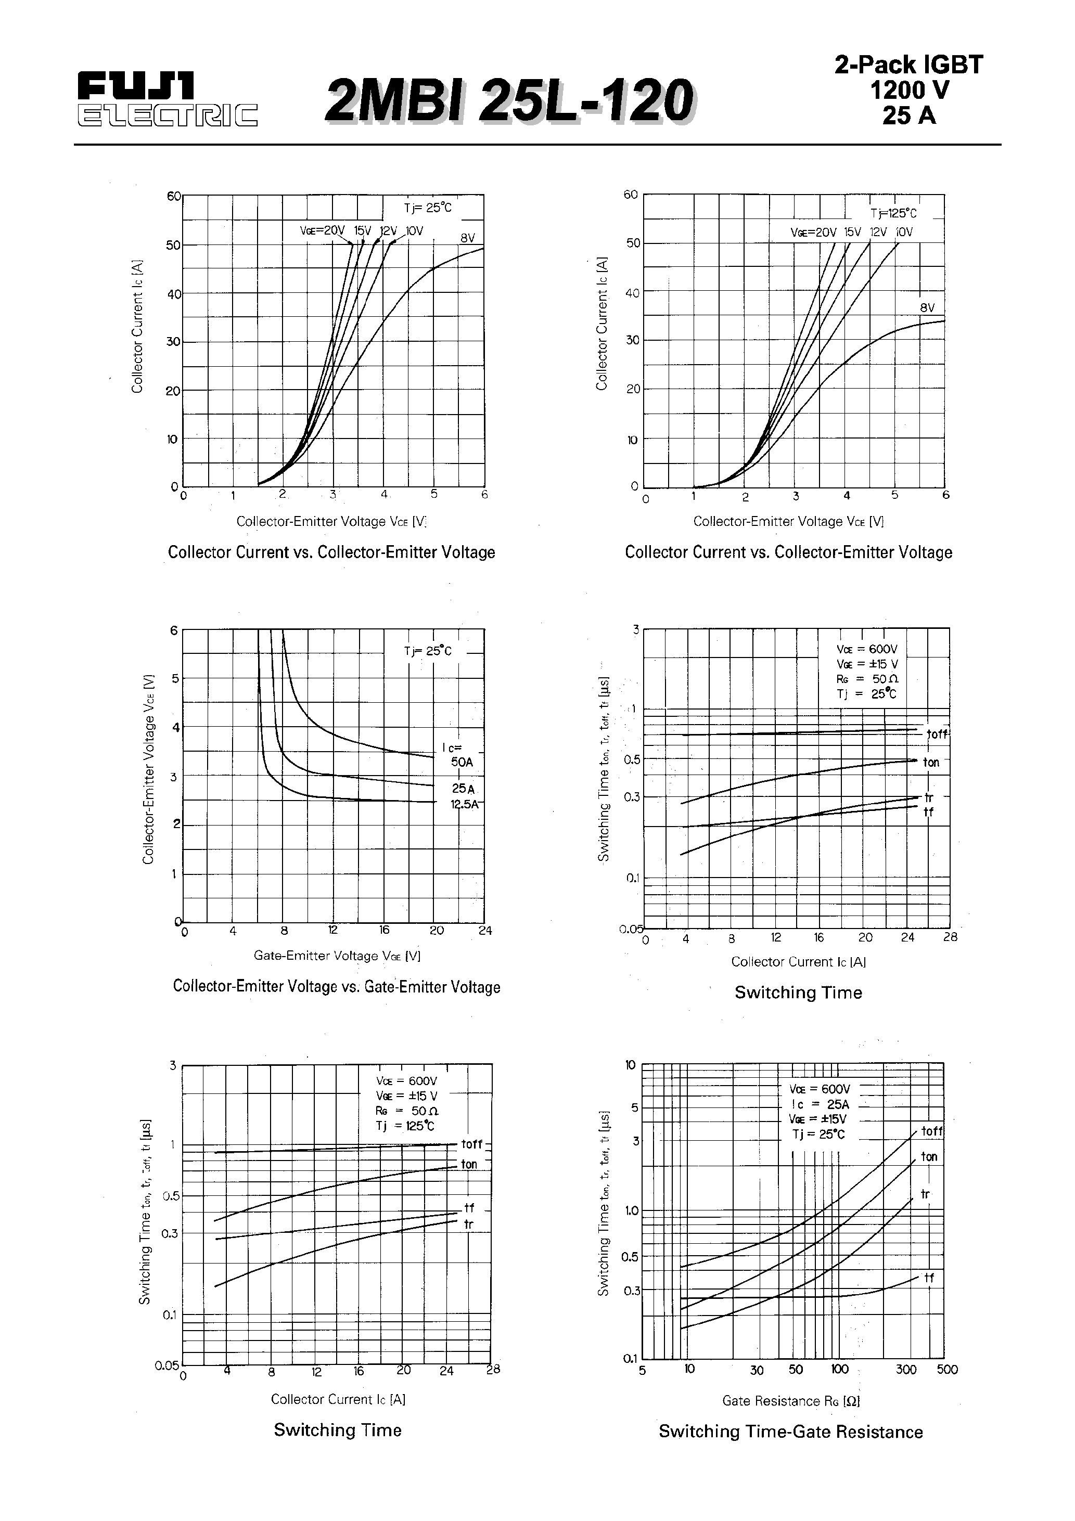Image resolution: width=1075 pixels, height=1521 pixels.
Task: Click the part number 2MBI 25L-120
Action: tap(508, 101)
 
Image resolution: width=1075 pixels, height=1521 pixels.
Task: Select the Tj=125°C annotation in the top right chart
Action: tap(893, 213)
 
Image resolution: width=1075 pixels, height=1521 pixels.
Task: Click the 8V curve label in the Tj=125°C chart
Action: tap(927, 308)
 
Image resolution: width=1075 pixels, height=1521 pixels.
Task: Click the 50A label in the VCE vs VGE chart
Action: tap(462, 762)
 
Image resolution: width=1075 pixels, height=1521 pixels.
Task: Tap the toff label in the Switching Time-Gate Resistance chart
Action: tap(931, 1131)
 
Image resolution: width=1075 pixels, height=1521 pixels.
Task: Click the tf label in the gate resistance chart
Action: tap(929, 1278)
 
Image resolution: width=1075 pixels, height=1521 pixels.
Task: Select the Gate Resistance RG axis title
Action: tap(791, 1400)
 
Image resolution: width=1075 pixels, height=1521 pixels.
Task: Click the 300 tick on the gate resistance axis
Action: tap(906, 1370)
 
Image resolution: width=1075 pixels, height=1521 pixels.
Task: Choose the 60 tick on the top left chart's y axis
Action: tap(173, 196)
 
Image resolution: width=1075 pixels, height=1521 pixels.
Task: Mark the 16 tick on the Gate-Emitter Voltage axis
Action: tap(383, 930)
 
